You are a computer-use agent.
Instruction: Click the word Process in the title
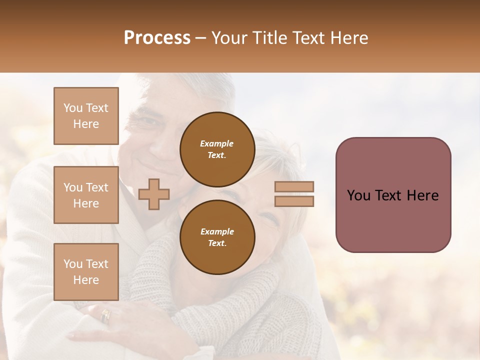(157, 37)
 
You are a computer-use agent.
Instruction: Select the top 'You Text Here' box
(86, 116)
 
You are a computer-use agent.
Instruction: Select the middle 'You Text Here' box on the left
(86, 195)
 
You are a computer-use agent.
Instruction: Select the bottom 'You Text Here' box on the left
(86, 271)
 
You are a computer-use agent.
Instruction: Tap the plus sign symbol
(154, 194)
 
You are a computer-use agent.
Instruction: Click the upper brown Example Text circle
(217, 149)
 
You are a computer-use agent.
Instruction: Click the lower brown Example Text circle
(217, 237)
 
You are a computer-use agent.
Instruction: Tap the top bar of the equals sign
(294, 186)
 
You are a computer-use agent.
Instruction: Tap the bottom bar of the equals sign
(294, 201)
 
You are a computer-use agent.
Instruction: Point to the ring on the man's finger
(105, 315)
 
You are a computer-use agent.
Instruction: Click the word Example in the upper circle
(216, 143)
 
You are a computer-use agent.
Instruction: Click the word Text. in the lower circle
(217, 243)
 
